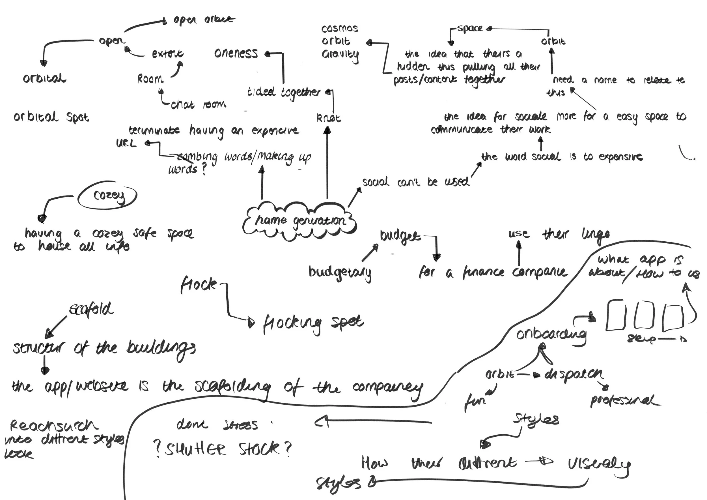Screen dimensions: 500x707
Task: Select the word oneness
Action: (236, 53)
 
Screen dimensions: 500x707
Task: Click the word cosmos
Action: (340, 29)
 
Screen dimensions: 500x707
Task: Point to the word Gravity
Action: (340, 55)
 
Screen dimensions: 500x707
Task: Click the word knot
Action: (329, 118)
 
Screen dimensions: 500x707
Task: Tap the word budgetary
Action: (340, 273)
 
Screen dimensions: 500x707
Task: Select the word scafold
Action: (91, 309)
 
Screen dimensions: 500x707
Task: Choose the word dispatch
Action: (574, 374)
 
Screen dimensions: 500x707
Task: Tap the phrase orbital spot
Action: (51, 117)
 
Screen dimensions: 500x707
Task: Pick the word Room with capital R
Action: (150, 79)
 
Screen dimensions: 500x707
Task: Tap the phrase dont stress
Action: (217, 425)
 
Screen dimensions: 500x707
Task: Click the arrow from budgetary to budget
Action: (370, 252)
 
